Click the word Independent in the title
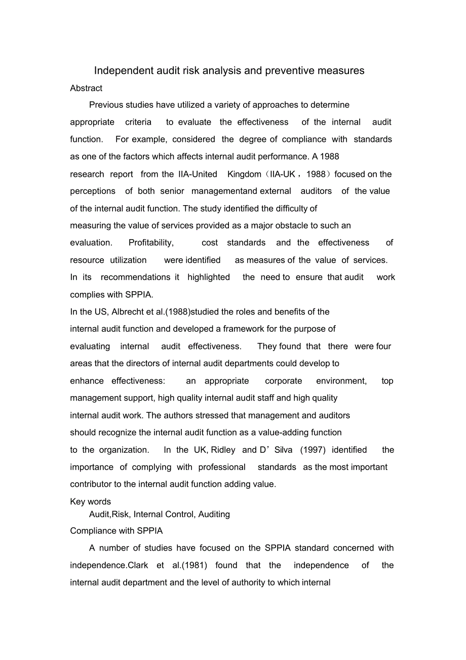click(x=120, y=71)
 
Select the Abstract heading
click(x=86, y=88)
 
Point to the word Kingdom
click(x=244, y=174)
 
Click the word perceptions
click(x=93, y=191)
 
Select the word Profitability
click(x=151, y=243)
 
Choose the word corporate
click(x=283, y=381)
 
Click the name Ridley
click(x=223, y=450)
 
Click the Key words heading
click(x=90, y=501)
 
